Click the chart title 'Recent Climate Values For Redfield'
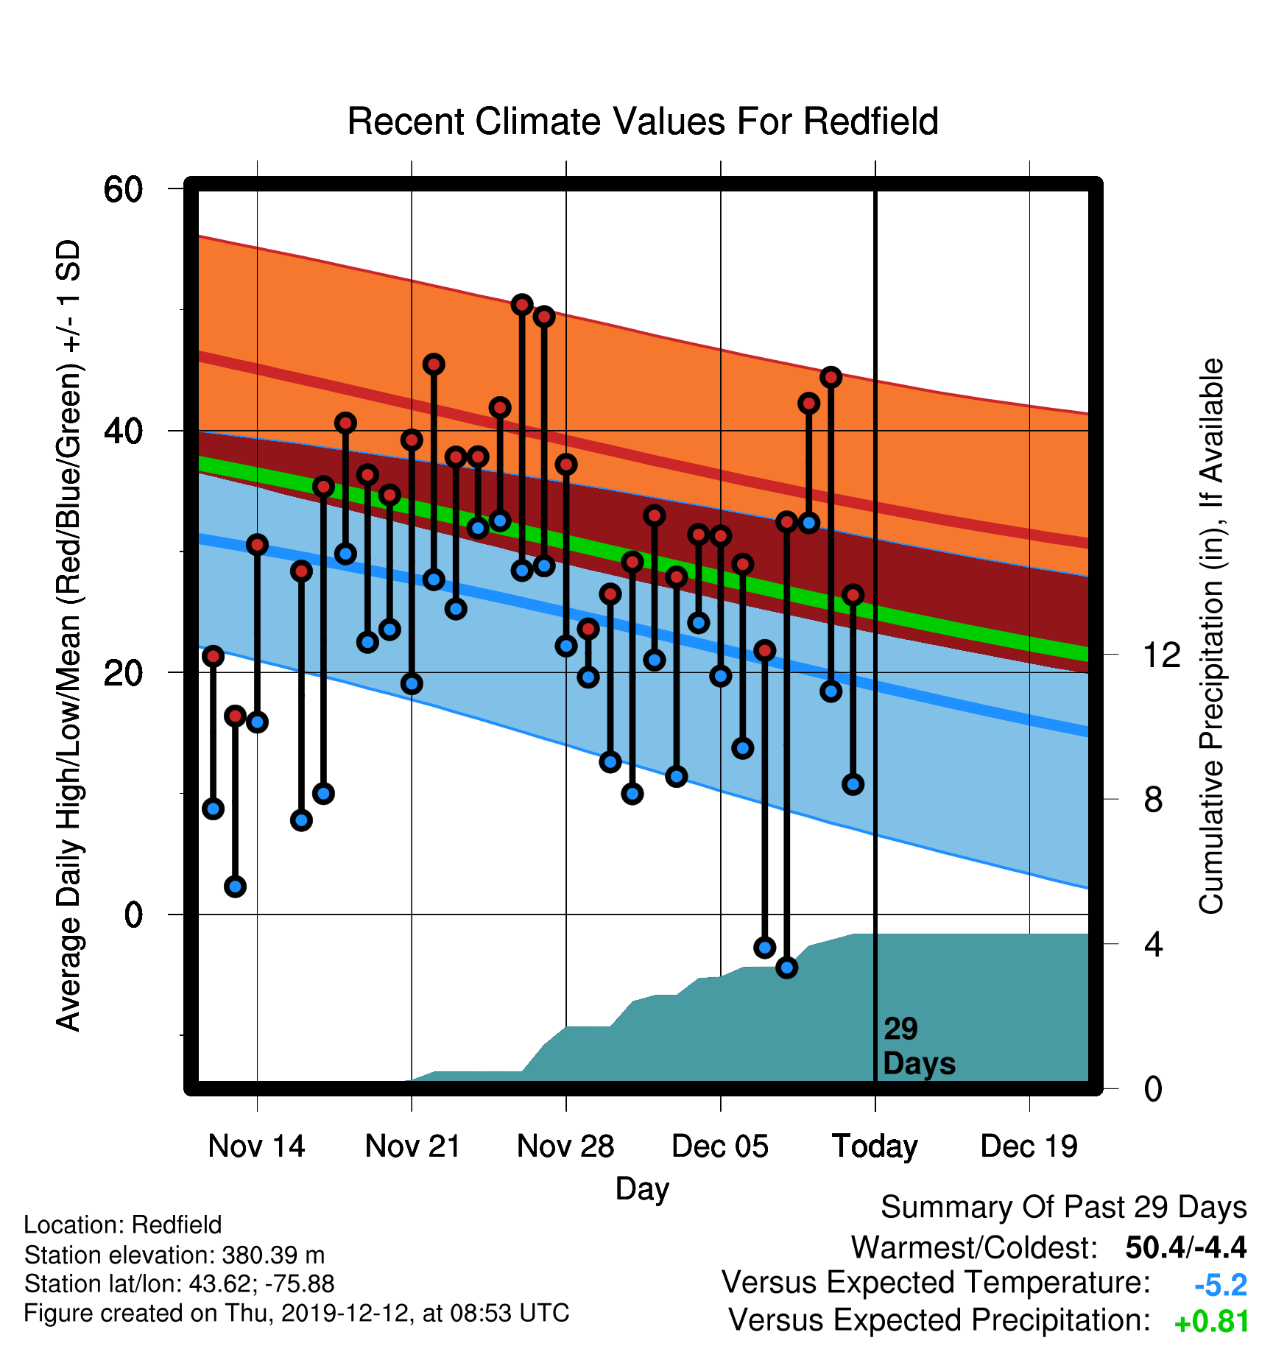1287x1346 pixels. tap(643, 121)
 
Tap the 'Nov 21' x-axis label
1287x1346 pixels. tap(412, 1146)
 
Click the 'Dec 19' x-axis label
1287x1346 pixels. tap(1029, 1146)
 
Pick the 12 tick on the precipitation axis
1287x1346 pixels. tap(1161, 654)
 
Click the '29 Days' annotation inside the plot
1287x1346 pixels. tap(919, 1046)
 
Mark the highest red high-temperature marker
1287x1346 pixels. tap(522, 305)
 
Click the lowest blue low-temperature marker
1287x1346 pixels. tap(787, 968)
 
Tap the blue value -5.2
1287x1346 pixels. tap(1221, 1285)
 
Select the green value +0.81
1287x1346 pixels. tap(1212, 1322)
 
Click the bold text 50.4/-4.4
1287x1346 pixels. tap(1186, 1247)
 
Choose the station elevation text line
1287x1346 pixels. tap(174, 1255)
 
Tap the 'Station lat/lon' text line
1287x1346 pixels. tap(180, 1284)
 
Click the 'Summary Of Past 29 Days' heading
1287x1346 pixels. tap(1064, 1208)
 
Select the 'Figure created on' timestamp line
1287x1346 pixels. tap(297, 1313)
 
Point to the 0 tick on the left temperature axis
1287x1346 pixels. tap(133, 915)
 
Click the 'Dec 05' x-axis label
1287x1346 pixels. tap(720, 1146)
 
